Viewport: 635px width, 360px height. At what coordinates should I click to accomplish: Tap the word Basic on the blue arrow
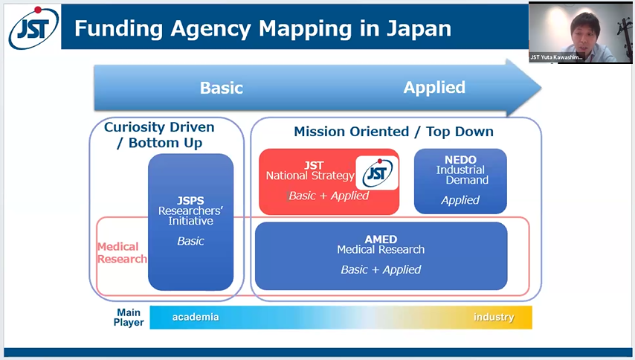222,88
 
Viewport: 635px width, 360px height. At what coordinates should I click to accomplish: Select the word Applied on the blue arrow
434,87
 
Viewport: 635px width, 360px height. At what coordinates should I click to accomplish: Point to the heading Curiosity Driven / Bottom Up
159,135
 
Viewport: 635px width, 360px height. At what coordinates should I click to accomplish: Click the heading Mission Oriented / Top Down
393,132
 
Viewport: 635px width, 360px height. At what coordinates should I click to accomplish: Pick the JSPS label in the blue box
190,201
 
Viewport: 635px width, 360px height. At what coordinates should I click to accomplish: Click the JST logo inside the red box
377,173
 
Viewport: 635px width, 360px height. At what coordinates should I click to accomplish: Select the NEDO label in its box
461,160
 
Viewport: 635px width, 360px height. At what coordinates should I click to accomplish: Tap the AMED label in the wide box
381,240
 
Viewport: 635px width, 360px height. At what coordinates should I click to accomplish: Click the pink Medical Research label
121,253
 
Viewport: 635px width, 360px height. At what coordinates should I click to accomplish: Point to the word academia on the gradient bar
196,318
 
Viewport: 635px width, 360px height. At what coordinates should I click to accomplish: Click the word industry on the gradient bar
494,318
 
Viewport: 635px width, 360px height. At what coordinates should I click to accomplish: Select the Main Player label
129,318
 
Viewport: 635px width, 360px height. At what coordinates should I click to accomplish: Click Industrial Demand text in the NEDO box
461,175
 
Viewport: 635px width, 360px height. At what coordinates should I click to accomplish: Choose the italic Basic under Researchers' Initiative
190,241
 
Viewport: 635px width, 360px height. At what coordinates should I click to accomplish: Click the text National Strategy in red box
310,176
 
